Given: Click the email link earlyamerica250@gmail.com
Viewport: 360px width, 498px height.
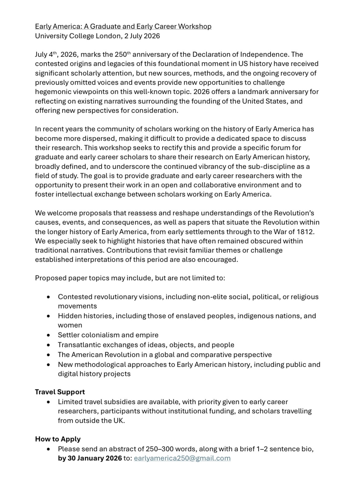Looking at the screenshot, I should [x=182, y=458].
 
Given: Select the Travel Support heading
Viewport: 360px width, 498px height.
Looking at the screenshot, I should [x=60, y=392].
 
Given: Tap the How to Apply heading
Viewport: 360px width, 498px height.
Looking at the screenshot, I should [x=58, y=439].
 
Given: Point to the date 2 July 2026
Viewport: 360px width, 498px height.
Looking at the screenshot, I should [x=142, y=36].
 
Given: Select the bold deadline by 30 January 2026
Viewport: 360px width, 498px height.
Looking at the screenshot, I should [x=90, y=458].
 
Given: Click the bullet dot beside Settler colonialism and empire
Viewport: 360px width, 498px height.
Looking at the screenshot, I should [x=48, y=335].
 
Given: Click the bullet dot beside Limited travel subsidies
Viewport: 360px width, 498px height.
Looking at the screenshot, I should [x=48, y=402].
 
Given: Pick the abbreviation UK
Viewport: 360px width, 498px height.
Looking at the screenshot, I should [x=118, y=421].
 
